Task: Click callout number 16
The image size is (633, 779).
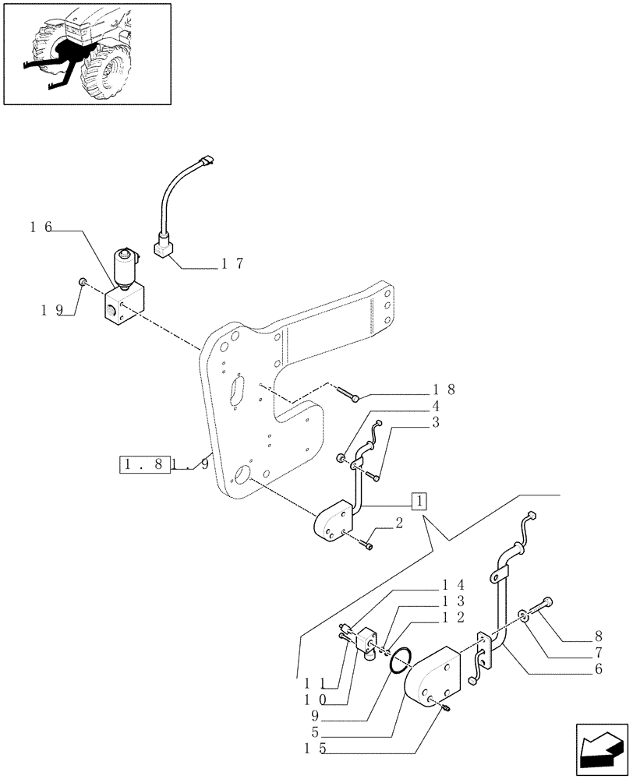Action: (41, 227)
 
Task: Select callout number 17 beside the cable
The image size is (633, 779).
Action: (232, 264)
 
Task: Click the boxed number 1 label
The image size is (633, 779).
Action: (419, 500)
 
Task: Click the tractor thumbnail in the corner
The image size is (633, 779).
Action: (87, 53)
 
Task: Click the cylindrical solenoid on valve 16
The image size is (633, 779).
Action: (125, 266)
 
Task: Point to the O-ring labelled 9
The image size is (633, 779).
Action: (398, 660)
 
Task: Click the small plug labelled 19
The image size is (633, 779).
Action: (82, 281)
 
